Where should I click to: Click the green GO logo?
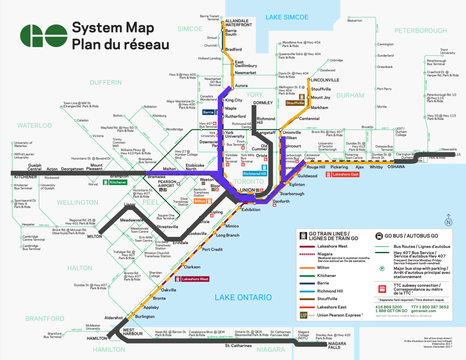(x=44, y=36)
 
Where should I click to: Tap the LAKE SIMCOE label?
(x=287, y=17)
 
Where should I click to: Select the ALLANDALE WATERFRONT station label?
(x=238, y=23)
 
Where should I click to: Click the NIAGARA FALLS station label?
(x=337, y=345)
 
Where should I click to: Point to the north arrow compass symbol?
(x=449, y=220)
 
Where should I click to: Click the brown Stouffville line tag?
(x=295, y=103)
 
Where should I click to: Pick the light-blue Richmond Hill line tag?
(x=255, y=174)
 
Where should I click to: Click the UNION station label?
(x=248, y=190)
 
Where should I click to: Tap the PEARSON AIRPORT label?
(x=167, y=184)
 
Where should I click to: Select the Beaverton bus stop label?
(x=355, y=21)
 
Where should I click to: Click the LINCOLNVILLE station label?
(x=325, y=80)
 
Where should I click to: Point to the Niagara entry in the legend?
(x=325, y=254)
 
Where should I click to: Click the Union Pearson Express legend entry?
(x=339, y=315)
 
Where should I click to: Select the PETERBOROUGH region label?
(x=420, y=31)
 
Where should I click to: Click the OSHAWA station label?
(x=396, y=167)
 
